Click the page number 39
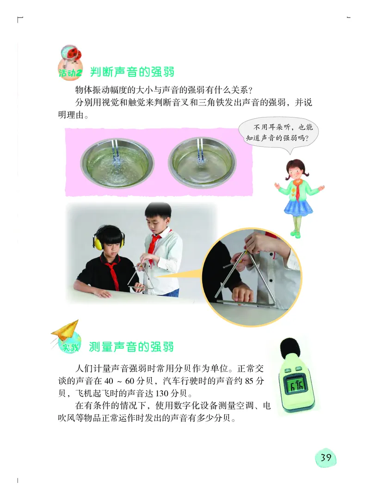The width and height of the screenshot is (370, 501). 326,458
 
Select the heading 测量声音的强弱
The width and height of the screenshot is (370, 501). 131,347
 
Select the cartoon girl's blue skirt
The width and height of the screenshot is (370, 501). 298,206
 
